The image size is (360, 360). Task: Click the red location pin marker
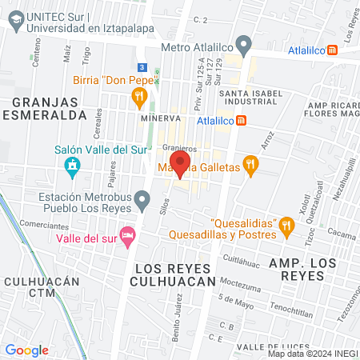coord(180,163)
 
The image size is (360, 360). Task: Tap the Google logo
coord(27,350)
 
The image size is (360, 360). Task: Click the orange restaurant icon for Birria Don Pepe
coord(139,98)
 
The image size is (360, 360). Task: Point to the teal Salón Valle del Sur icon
coord(72,166)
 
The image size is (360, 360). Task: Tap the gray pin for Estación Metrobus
coord(142,198)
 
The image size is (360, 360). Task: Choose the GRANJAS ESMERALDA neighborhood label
coord(50,108)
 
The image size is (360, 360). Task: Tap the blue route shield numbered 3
coord(141,67)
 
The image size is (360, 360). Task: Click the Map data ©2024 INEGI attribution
coord(312,354)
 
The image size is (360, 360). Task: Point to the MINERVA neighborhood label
coord(158,118)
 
